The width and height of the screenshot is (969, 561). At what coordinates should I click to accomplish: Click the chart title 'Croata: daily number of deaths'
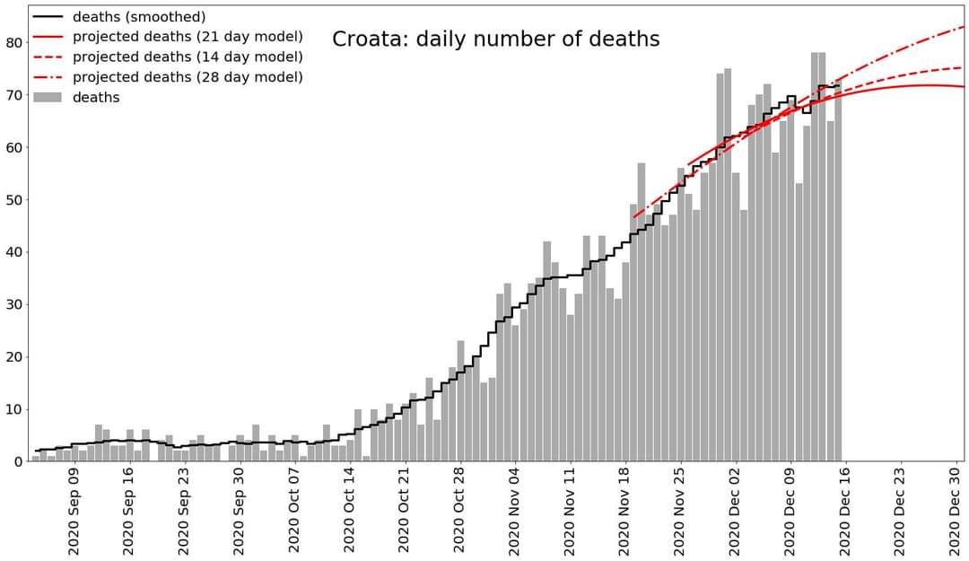coord(495,39)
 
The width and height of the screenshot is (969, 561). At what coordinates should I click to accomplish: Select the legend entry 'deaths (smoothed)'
coord(139,17)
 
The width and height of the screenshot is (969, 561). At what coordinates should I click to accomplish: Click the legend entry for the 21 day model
coord(188,37)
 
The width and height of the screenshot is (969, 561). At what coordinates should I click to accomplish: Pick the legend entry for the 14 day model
coord(188,57)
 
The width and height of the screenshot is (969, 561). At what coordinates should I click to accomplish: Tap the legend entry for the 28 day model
coord(188,77)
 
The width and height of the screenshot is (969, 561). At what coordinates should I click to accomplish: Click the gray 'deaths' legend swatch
coord(47,97)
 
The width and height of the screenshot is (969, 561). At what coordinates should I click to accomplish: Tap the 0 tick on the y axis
coord(18,461)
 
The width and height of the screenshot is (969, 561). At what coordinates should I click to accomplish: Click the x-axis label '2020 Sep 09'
coord(74,509)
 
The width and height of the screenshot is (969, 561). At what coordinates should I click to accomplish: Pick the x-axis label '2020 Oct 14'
coord(349,509)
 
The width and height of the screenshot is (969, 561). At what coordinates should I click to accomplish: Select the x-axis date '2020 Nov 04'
coord(514,509)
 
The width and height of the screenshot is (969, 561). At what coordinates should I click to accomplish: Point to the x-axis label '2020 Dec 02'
coord(735,509)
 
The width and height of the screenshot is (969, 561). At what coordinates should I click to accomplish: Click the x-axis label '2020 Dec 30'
coord(955,509)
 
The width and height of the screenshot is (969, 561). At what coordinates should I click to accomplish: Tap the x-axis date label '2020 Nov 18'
coord(624,509)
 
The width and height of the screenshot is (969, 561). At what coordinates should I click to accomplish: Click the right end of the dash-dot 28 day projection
coord(963,27)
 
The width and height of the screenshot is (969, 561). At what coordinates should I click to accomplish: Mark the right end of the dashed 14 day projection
coord(962,67)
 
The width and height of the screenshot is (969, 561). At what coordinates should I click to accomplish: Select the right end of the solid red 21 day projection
coord(963,86)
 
